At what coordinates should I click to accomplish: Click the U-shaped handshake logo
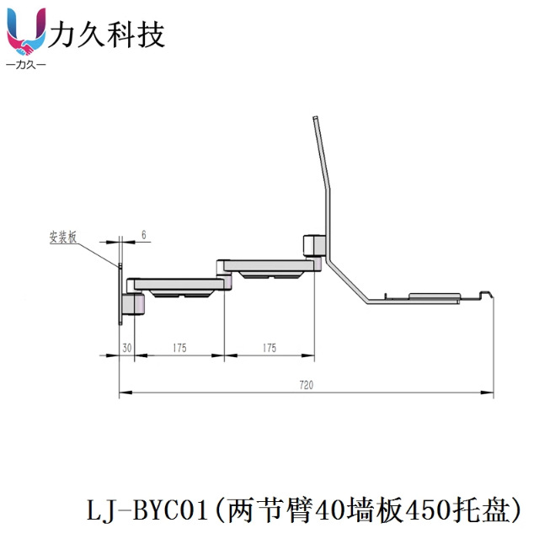pyautogui.click(x=26, y=32)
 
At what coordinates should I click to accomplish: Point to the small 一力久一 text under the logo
pyautogui.click(x=26, y=65)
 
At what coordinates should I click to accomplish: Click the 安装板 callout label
pyautogui.click(x=63, y=238)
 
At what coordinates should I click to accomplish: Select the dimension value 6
pyautogui.click(x=143, y=237)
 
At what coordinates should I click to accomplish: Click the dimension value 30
pyautogui.click(x=127, y=346)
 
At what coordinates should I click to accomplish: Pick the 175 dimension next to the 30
pyautogui.click(x=179, y=346)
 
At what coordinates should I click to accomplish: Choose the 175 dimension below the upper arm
pyautogui.click(x=269, y=346)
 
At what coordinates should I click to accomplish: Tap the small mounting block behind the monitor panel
pyautogui.click(x=312, y=245)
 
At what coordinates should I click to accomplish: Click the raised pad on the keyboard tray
pyautogui.click(x=435, y=295)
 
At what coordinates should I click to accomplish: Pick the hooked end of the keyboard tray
pyautogui.click(x=484, y=294)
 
